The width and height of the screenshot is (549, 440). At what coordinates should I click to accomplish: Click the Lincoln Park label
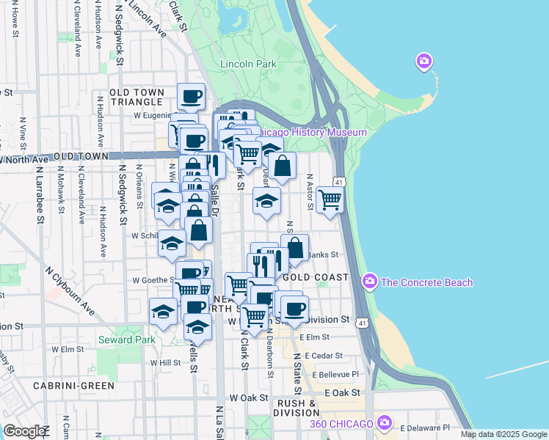point(249,64)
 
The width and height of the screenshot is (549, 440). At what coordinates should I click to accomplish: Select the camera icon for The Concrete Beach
point(370,282)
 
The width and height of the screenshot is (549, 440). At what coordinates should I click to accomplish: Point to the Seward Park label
point(126,340)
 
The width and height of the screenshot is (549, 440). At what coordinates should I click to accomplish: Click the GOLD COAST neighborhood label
point(315,277)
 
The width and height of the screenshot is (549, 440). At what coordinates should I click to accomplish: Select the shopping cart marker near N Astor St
point(330,198)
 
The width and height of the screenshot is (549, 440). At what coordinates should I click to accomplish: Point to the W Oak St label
point(248,397)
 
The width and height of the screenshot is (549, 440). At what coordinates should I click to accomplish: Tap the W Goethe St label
point(152,279)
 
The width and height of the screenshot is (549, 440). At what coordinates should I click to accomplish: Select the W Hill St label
point(165,362)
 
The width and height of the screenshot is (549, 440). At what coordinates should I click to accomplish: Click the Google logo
point(24,431)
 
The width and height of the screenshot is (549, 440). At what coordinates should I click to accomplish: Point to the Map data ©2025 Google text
point(503,434)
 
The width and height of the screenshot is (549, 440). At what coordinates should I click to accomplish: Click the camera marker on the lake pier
point(423,62)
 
